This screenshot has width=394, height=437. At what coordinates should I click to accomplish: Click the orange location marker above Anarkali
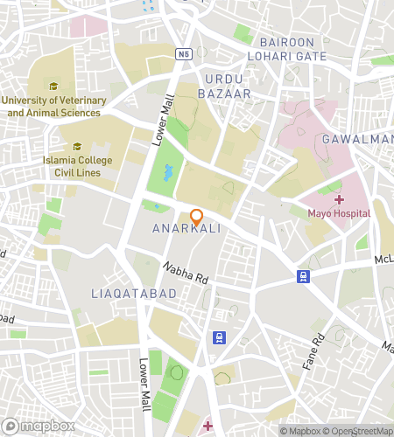tap(197, 216)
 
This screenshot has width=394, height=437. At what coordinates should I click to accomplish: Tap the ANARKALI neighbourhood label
tap(186, 228)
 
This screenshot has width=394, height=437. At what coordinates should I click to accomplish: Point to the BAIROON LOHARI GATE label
tap(292, 49)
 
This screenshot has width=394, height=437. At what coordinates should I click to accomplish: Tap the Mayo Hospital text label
tap(339, 213)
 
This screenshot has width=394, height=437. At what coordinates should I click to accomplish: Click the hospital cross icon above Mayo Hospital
tap(339, 200)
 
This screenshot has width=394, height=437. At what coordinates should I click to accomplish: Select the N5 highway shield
tap(182, 54)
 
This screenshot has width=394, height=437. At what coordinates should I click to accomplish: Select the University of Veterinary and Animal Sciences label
tap(54, 107)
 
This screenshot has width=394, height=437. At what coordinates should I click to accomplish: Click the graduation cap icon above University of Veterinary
tap(53, 87)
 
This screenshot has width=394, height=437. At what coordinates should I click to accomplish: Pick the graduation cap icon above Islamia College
tap(77, 147)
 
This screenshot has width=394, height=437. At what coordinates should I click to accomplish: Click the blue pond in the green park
tap(167, 171)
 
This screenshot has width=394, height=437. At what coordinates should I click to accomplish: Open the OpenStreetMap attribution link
tap(358, 431)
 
